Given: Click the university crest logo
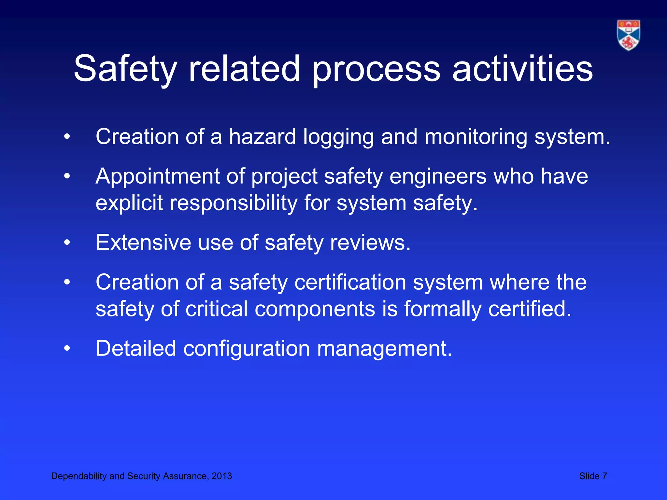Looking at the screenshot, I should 628,35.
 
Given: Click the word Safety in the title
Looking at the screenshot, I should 125,69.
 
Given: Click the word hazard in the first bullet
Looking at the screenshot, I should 262,137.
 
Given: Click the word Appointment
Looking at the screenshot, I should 158,176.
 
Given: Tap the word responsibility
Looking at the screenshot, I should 234,203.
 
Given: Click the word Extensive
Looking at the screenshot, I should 143,243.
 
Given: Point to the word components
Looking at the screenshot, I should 315,309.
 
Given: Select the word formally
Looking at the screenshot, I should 443,309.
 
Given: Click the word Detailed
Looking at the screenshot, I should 136,348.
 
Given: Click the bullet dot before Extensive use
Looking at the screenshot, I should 67,243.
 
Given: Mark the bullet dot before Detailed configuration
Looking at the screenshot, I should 67,349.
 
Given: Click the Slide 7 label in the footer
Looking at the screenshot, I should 593,476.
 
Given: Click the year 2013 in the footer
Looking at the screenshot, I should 222,476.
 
